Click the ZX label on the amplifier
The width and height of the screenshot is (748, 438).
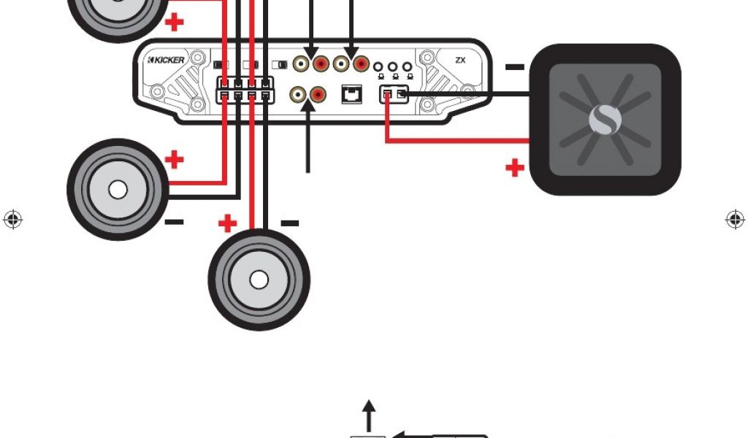(x=460, y=61)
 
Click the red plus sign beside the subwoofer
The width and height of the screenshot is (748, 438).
(x=515, y=169)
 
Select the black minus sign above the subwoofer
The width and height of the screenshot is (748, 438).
(x=514, y=67)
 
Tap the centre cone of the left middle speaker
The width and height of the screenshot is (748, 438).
(x=118, y=190)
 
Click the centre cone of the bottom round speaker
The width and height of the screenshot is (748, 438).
(x=259, y=280)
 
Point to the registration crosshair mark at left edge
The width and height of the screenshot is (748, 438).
(x=12, y=219)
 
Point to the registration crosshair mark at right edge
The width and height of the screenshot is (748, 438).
(x=734, y=219)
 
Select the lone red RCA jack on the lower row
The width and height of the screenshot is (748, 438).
(x=318, y=94)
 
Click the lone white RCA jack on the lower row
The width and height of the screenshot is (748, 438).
(x=299, y=94)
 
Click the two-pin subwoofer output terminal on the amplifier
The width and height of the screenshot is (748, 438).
(x=393, y=94)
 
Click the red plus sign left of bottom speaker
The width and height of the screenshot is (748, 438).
(x=228, y=223)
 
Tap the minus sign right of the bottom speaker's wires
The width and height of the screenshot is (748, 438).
(x=290, y=223)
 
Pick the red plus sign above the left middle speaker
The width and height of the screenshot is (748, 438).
(x=175, y=158)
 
